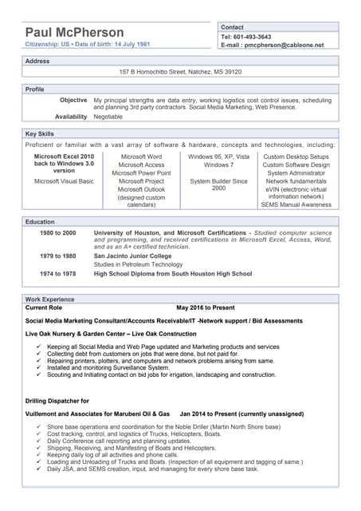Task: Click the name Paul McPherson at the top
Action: click(x=74, y=32)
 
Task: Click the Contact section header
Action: click(x=232, y=27)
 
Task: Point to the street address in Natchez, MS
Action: click(x=180, y=72)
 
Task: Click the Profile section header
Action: click(x=35, y=89)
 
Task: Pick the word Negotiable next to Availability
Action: click(x=108, y=117)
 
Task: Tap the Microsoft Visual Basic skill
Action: click(x=64, y=181)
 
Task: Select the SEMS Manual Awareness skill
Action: click(x=296, y=204)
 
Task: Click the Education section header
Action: click(x=40, y=221)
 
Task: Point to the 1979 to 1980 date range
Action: click(x=58, y=256)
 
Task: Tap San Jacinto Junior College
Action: click(x=132, y=256)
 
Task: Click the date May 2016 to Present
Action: click(x=206, y=307)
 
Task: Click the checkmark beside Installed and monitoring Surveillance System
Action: click(x=38, y=367)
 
